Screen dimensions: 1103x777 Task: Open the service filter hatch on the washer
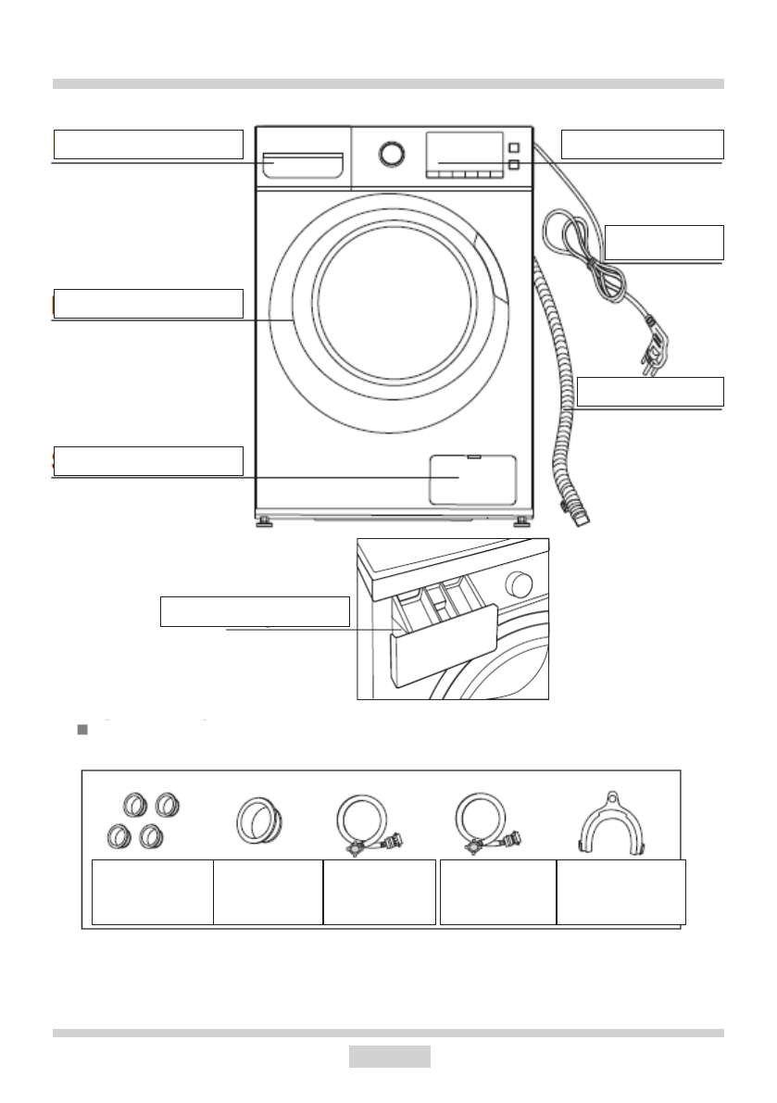pyautogui.click(x=472, y=478)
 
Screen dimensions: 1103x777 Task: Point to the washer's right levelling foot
pyautogui.click(x=522, y=522)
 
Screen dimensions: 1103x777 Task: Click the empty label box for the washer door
pyautogui.click(x=148, y=303)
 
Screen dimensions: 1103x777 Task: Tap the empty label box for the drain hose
pyautogui.click(x=649, y=393)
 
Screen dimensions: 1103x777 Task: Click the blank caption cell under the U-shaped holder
pyautogui.click(x=620, y=892)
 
